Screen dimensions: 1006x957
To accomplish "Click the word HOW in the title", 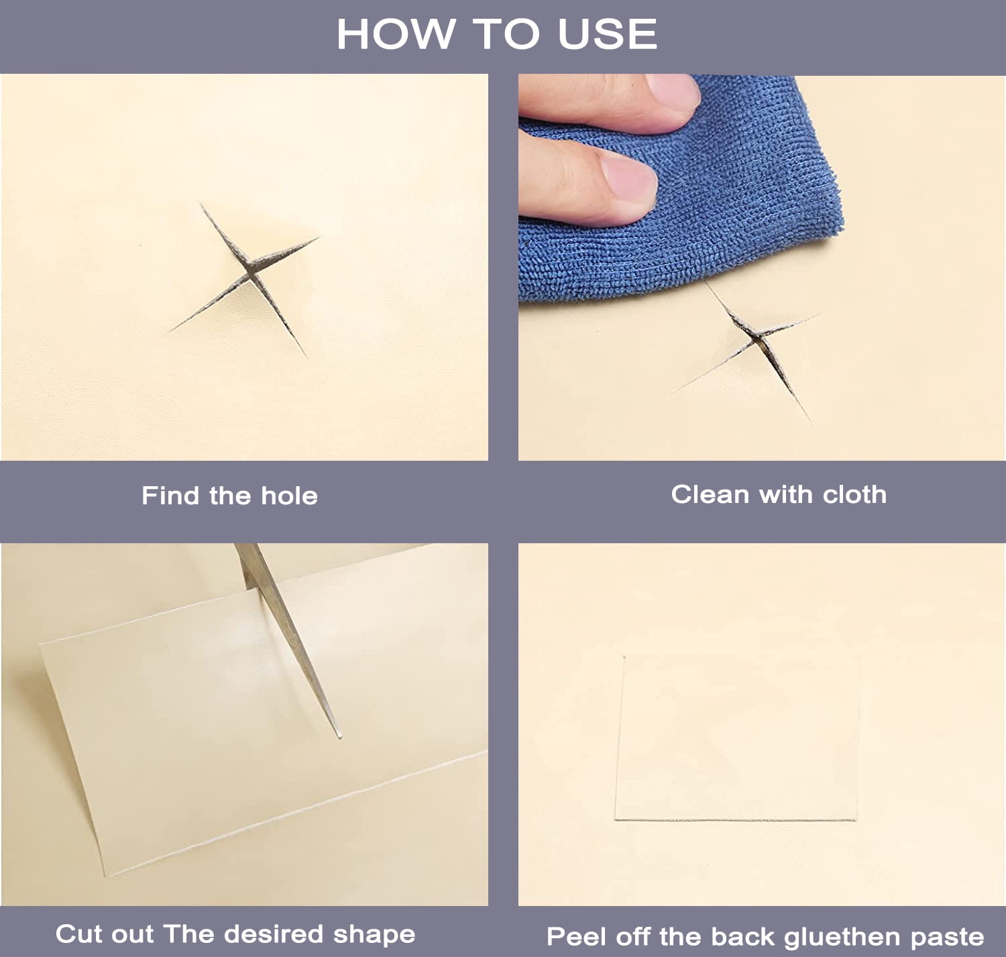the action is click(x=395, y=34).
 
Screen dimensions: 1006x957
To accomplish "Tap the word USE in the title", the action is click(x=608, y=34).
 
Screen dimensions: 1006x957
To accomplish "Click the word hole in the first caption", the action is click(x=289, y=496).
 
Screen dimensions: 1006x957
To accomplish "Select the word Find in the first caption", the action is click(x=170, y=496).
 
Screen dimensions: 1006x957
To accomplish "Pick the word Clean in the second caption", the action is click(x=710, y=494).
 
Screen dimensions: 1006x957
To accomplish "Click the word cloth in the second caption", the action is click(x=854, y=494).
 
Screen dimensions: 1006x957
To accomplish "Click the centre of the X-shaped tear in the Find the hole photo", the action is click(x=251, y=273).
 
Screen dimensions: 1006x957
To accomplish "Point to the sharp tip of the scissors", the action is click(x=340, y=738).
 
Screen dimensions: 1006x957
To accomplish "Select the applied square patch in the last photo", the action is click(x=737, y=737).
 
